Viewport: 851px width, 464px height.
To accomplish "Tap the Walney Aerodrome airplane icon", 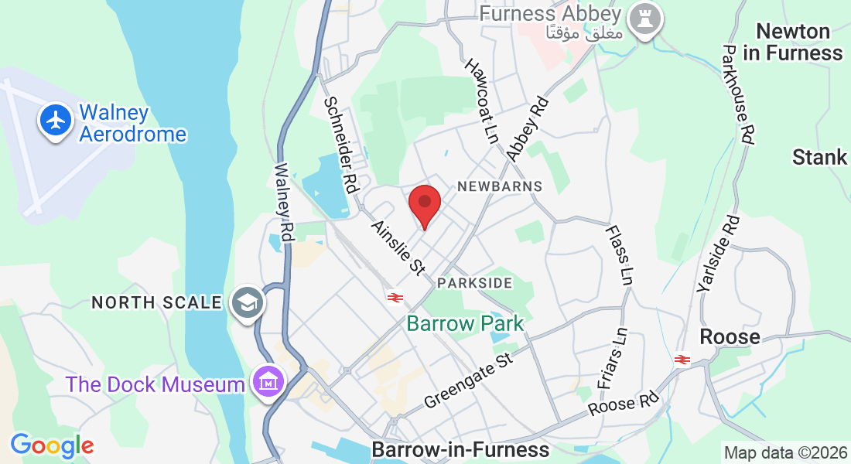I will pos(56,121).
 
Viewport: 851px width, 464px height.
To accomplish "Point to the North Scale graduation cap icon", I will pos(248,302).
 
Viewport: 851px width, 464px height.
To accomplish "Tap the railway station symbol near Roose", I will pos(682,360).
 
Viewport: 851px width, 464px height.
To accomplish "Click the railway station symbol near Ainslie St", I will pos(395,297).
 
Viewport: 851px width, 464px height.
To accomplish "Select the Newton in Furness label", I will pos(792,43).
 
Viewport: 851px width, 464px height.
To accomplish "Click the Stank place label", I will pos(819,158).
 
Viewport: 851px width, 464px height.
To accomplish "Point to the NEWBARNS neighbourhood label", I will pos(500,186).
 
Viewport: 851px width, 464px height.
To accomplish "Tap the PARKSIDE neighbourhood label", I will pos(474,283).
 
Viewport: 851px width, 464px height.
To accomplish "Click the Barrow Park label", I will pos(465,323).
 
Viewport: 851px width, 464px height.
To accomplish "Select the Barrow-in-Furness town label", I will pos(460,449).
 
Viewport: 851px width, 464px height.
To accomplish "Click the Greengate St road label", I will pos(469,380).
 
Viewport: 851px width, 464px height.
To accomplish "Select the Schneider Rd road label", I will pos(341,144).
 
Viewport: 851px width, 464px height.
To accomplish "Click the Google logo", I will pos(52,445).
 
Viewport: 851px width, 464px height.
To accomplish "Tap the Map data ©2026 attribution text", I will pos(784,452).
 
